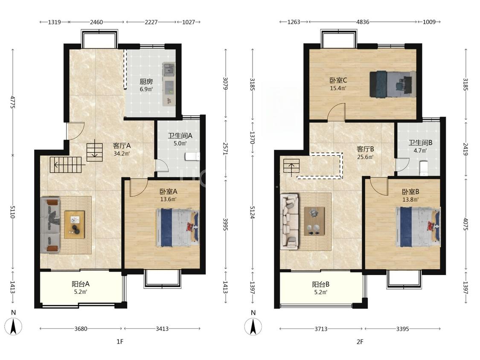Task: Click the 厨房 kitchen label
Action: pyautogui.click(x=146, y=82)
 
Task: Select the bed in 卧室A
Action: pyautogui.click(x=177, y=227)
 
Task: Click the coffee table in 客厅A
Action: pyautogui.click(x=74, y=224)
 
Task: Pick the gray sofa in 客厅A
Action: pyautogui.click(x=50, y=225)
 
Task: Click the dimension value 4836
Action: pyautogui.click(x=363, y=22)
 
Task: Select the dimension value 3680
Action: pyautogui.click(x=81, y=329)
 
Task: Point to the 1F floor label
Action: pyautogui.click(x=120, y=341)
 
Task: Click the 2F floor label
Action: pyautogui.click(x=360, y=341)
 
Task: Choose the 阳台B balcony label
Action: pyautogui.click(x=321, y=285)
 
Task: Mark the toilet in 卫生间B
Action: pyautogui.click(x=423, y=168)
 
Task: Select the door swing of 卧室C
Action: pyautogui.click(x=336, y=112)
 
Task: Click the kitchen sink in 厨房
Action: pyautogui.click(x=169, y=70)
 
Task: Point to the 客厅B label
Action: pyautogui.click(x=366, y=149)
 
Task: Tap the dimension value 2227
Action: pyautogui.click(x=151, y=22)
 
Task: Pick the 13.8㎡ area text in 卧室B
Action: pyautogui.click(x=410, y=199)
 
